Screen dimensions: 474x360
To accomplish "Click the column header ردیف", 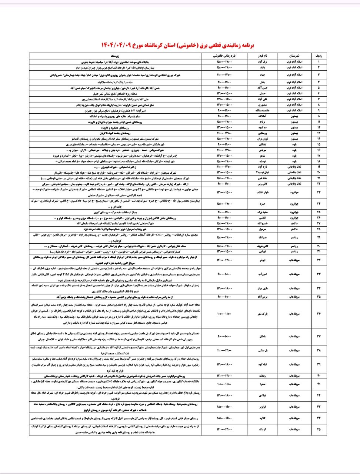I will pyautogui.click(x=318, y=56).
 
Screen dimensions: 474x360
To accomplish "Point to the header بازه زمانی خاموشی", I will pyautogui.click(x=224, y=56).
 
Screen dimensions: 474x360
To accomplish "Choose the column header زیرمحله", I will pyautogui.click(x=115, y=56).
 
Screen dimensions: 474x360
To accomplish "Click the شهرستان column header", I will pyautogui.click(x=294, y=56).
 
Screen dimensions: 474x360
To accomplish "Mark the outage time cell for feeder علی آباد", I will pyautogui.click(x=224, y=99).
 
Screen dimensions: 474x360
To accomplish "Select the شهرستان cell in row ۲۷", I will pyautogui.click(x=294, y=224).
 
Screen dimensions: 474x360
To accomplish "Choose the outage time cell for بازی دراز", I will pyautogui.click(x=224, y=288).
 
